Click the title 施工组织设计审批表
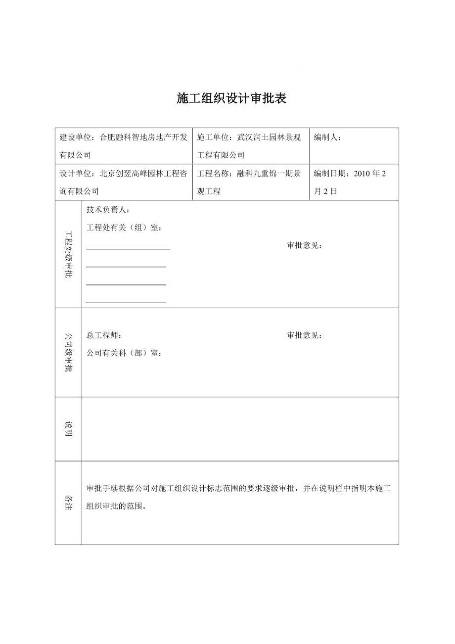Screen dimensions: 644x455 (232, 98)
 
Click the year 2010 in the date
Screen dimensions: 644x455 (362, 174)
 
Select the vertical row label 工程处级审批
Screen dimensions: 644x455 (69, 254)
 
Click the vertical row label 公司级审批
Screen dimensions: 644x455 (69, 352)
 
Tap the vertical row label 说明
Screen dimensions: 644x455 (69, 429)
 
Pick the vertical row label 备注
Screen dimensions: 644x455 (69, 503)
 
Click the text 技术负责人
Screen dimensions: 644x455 (106, 210)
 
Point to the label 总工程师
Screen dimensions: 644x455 (102, 335)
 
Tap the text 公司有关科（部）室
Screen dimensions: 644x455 (122, 353)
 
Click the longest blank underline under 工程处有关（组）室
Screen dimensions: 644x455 (128, 249)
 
